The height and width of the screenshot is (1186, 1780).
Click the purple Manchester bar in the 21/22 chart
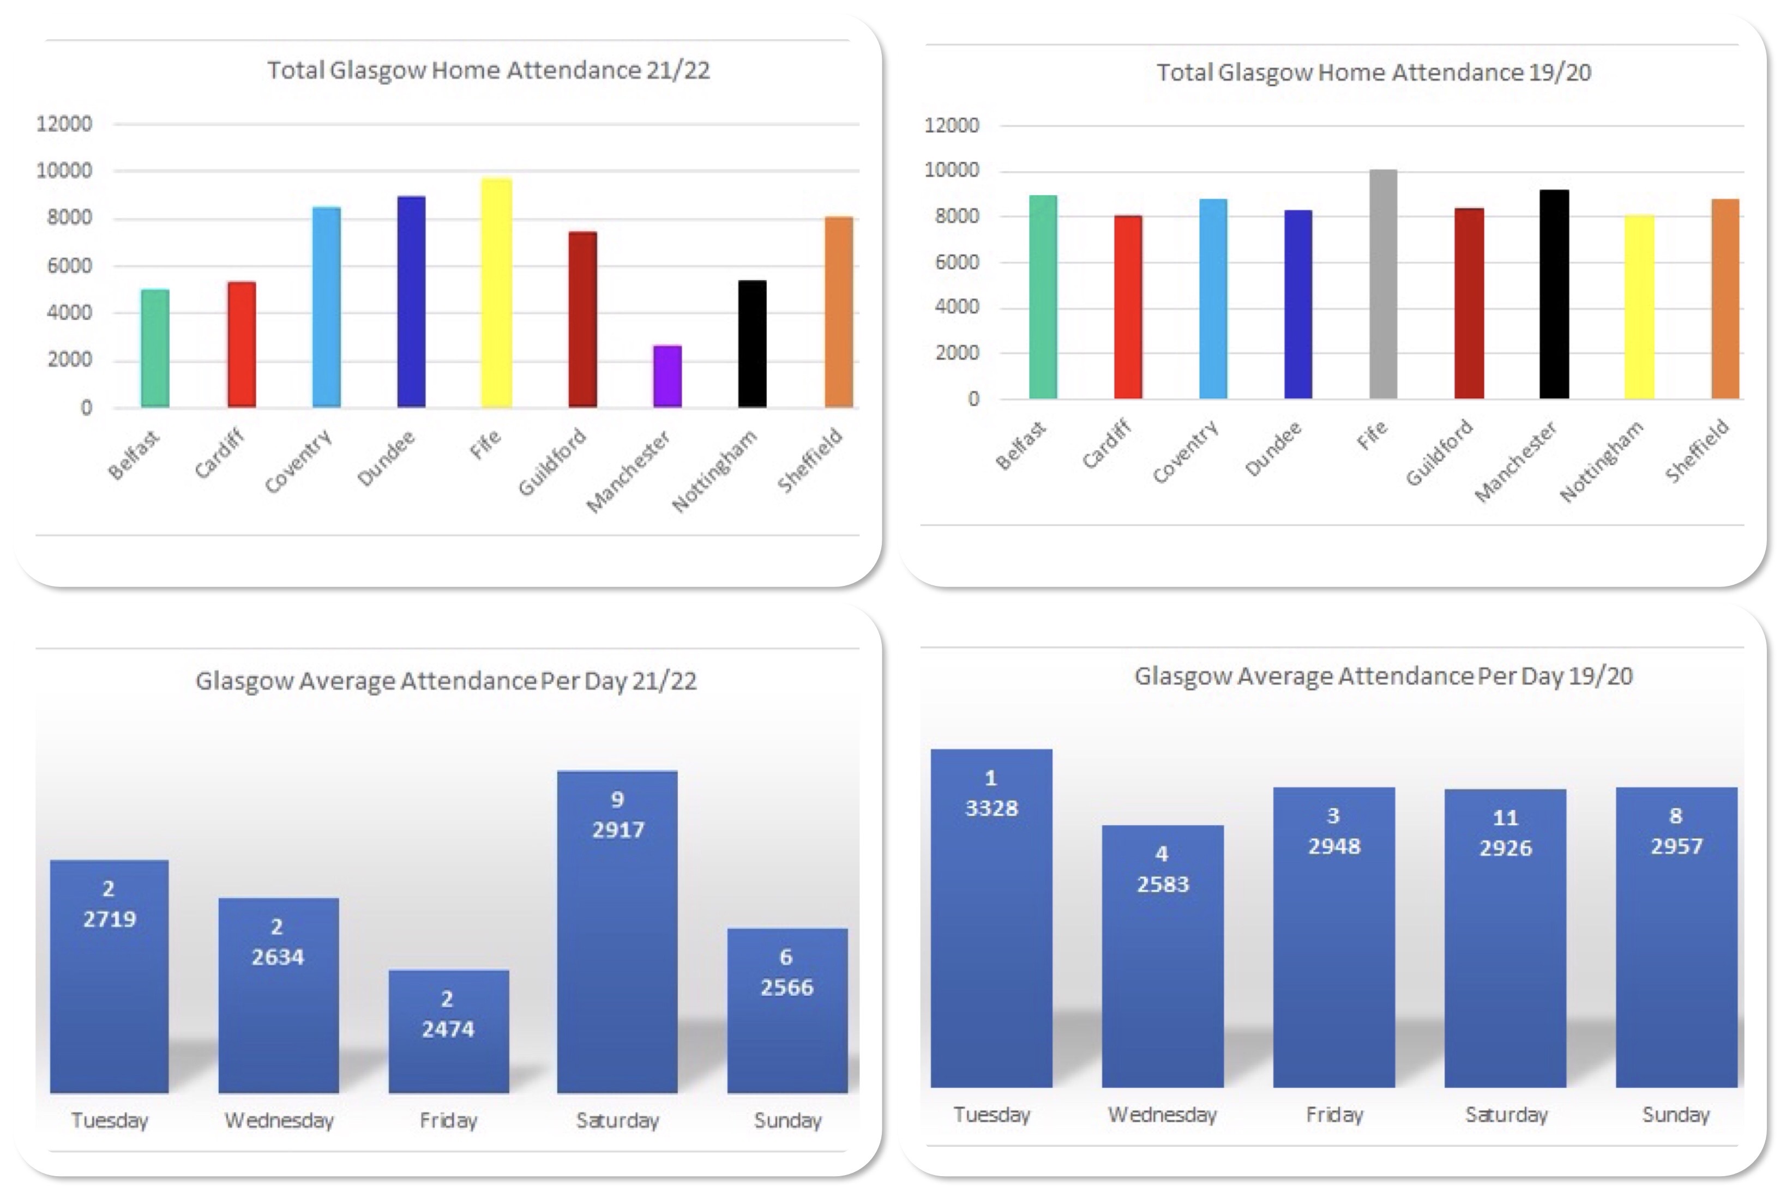pos(667,377)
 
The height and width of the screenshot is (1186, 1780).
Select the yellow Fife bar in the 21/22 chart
pos(496,293)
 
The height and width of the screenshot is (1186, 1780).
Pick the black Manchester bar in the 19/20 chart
pos(1554,294)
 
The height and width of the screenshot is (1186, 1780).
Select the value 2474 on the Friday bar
pos(448,1030)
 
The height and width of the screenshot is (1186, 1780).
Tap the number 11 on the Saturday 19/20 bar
pos(1505,818)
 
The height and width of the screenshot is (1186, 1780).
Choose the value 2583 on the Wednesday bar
pos(1163,884)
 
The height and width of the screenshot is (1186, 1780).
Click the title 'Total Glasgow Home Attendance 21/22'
pos(488,70)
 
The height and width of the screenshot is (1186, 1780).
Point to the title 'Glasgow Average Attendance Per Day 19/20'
pos(1382,676)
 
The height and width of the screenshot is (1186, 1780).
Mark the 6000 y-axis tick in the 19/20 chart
pos(957,262)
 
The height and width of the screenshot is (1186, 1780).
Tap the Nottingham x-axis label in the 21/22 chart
pos(714,470)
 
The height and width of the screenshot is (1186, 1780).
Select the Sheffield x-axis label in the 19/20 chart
pos(1696,451)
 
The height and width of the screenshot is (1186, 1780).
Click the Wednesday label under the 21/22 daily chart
pos(279,1120)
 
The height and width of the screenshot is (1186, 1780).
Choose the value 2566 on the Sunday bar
pos(787,988)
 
